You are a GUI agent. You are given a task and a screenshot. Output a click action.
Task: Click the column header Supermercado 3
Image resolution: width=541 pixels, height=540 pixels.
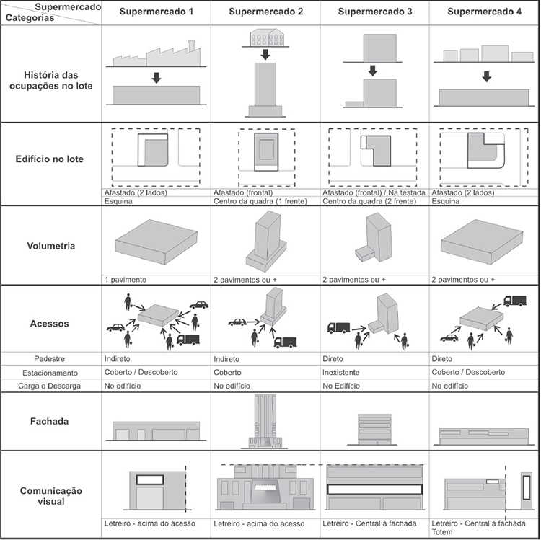coord(374,12)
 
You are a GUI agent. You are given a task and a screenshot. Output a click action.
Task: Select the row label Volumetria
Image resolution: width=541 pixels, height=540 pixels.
coord(50,246)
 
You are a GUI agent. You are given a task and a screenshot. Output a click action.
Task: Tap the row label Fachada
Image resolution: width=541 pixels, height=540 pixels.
coord(50,421)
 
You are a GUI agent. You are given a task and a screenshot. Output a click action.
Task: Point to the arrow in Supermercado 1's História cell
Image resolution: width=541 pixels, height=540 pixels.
coord(156,78)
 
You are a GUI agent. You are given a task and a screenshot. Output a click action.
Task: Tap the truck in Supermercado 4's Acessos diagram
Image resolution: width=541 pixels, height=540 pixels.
coord(515,300)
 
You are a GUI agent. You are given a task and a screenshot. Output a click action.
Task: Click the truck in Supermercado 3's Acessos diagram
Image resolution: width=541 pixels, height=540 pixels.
coord(338,327)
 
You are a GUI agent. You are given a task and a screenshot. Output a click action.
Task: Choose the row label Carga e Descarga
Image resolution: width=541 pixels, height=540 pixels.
coord(50,386)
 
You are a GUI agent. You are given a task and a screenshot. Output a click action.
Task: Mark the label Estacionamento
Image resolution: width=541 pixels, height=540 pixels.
coord(50,373)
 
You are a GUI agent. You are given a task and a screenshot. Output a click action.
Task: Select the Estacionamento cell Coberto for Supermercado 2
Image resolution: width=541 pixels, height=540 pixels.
coord(229,373)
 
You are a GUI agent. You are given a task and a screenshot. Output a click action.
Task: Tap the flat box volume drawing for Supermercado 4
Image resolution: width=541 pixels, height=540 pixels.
coord(481,242)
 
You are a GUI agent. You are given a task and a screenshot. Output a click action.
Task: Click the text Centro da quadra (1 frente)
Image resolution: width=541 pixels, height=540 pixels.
coord(260,201)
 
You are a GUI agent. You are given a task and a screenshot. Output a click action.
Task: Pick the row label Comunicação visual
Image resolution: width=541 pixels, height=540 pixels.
coord(50,495)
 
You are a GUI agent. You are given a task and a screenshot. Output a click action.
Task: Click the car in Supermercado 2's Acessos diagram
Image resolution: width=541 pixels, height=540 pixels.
coord(237,322)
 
